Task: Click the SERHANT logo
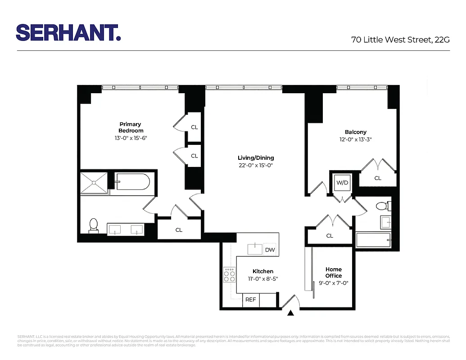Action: tap(68, 32)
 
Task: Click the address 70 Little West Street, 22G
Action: tap(400, 40)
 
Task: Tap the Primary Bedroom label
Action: tap(131, 127)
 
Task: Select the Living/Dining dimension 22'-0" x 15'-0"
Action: tap(256, 166)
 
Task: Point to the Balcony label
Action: tap(356, 132)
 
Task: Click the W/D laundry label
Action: tap(343, 183)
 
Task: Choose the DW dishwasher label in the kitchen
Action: tap(270, 250)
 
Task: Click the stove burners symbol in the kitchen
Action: tap(230, 274)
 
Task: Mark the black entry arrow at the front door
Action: tap(291, 313)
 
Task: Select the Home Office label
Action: tap(334, 272)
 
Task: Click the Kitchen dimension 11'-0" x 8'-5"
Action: tap(262, 279)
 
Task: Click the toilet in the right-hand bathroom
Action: tap(382, 206)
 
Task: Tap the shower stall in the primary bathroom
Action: tap(95, 182)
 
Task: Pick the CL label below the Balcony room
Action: tap(378, 178)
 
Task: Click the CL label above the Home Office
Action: tap(330, 235)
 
